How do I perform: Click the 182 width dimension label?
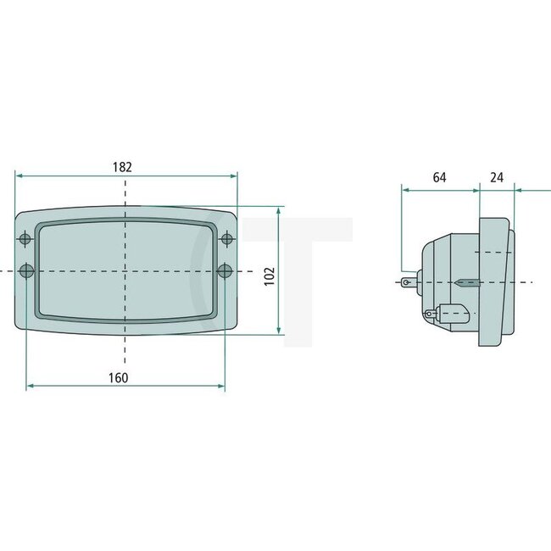[122, 167]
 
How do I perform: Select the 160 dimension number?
[119, 378]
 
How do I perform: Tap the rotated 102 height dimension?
[269, 276]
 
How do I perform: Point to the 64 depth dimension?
[439, 177]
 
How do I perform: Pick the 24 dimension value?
[497, 177]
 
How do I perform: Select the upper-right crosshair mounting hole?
[226, 238]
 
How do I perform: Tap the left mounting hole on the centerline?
[26, 270]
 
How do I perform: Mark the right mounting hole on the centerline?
[225, 270]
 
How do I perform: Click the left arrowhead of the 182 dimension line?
[19, 175]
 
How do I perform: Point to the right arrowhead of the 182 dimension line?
[234, 175]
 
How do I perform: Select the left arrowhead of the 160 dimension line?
[31, 387]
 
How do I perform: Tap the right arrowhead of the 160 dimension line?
[222, 387]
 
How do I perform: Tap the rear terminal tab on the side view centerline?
[410, 281]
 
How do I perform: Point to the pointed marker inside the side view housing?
[467, 281]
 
